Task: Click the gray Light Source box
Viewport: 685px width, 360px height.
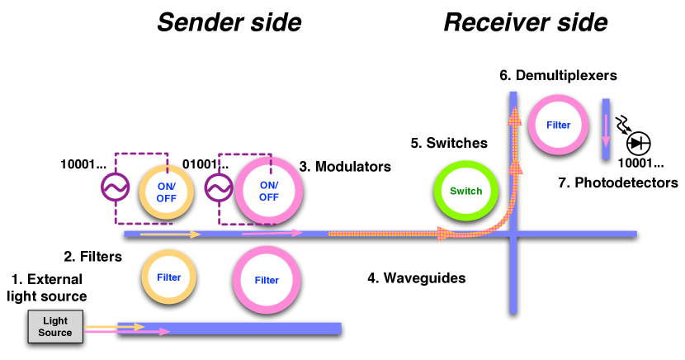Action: pyautogui.click(x=55, y=326)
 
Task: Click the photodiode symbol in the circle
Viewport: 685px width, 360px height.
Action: pyautogui.click(x=639, y=144)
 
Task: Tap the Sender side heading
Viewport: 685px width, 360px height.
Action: pyautogui.click(x=229, y=22)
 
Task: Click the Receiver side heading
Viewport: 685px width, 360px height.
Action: pyautogui.click(x=526, y=22)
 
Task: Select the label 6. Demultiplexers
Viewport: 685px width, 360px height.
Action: pyautogui.click(x=558, y=75)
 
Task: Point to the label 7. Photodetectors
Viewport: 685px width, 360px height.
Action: pyautogui.click(x=618, y=182)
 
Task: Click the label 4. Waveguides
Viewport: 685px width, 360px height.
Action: pyautogui.click(x=417, y=278)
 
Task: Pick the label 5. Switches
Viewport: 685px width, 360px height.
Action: pyautogui.click(x=449, y=143)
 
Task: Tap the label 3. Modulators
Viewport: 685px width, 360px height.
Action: pyautogui.click(x=345, y=167)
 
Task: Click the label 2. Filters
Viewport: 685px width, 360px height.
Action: pyautogui.click(x=93, y=257)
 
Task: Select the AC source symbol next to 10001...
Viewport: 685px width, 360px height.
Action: pyautogui.click(x=116, y=187)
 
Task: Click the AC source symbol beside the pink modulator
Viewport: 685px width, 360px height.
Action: pyautogui.click(x=219, y=188)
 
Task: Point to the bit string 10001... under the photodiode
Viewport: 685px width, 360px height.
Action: pyautogui.click(x=641, y=163)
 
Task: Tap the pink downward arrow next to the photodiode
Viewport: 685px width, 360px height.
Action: pyautogui.click(x=606, y=130)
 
